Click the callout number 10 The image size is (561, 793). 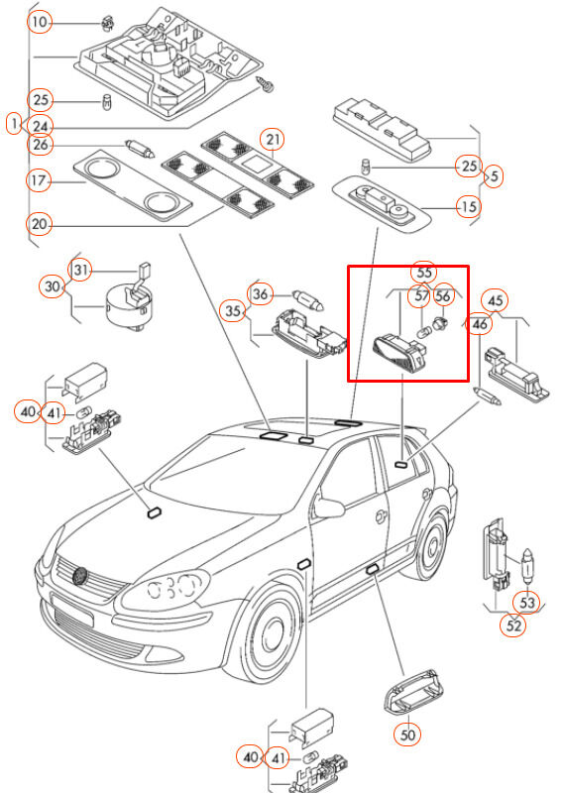pos(39,22)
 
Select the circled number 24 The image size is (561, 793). pos(40,126)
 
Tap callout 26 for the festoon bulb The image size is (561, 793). pos(40,145)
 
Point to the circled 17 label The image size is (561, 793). pos(39,180)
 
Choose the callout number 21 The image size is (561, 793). pos(273,140)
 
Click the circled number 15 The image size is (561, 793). pos(469,206)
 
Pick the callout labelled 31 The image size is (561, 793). pos(80,270)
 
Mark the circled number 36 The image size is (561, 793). pos(260,293)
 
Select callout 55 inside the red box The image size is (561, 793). pos(423,272)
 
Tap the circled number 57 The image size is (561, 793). pos(421,294)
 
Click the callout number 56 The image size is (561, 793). pos(443,294)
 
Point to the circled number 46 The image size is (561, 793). pos(479,323)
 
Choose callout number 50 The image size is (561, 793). pos(407,734)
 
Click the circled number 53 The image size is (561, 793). pos(527,603)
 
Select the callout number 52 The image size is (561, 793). pos(513,625)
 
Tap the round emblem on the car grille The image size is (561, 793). pos(80,575)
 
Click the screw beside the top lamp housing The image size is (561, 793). pos(266,84)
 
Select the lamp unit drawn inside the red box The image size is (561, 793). pos(400,352)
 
